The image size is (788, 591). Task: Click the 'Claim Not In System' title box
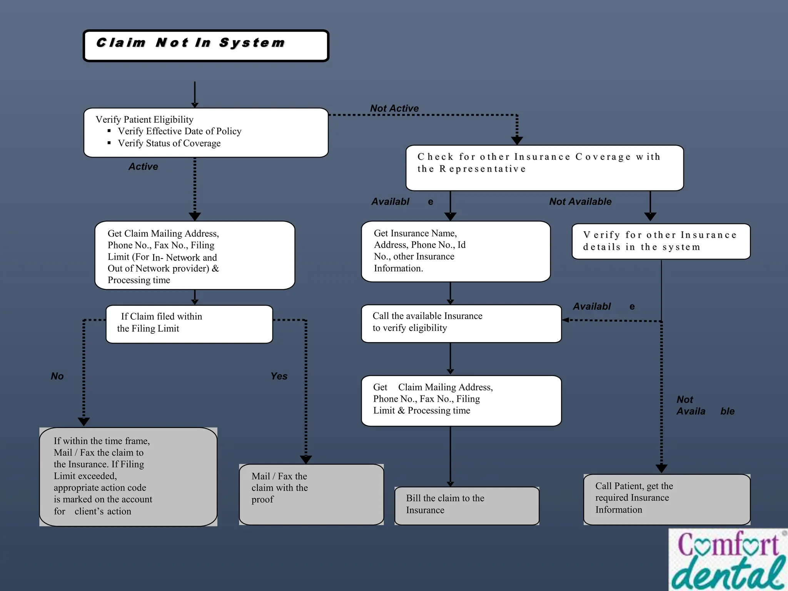click(x=206, y=46)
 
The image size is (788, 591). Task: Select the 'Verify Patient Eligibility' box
click(x=206, y=132)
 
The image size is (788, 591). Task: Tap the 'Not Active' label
click(x=394, y=109)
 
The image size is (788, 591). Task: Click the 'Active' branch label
click(x=143, y=167)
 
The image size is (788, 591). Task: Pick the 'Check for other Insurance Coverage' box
click(x=544, y=168)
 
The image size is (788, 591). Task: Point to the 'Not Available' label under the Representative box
click(x=580, y=202)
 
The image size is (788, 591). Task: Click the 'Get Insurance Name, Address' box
click(x=456, y=251)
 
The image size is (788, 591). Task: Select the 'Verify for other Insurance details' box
click(x=661, y=241)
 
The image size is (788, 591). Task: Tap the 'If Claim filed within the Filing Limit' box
click(x=189, y=324)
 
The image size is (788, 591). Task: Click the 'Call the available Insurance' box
click(x=461, y=323)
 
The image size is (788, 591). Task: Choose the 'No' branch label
click(x=57, y=376)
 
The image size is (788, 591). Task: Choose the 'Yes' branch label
click(x=279, y=376)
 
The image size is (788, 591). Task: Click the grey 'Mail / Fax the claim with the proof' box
click(x=311, y=494)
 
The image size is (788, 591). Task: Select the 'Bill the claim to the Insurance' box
click(x=467, y=506)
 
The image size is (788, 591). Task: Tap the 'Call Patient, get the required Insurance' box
click(x=667, y=499)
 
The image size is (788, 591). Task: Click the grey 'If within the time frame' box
click(x=128, y=477)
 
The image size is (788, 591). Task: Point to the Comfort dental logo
click(x=728, y=560)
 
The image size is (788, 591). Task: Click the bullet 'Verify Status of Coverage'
click(x=169, y=144)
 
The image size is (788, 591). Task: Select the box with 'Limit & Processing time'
click(x=461, y=401)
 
